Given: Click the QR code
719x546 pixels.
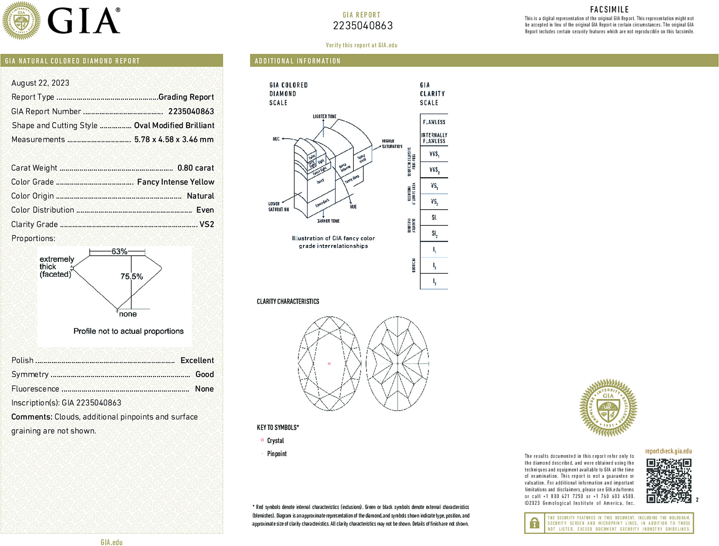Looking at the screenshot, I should point(669,480).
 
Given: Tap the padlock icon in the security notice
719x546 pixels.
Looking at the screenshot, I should point(534,523).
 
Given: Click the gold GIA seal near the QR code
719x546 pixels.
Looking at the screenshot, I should point(608,408).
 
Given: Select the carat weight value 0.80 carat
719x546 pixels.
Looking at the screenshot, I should point(195,168).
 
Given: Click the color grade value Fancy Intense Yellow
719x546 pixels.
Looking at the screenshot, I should point(175,182).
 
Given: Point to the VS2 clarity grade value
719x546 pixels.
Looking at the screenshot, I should point(207,224).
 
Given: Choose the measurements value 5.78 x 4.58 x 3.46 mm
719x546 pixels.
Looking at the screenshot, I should point(174,139).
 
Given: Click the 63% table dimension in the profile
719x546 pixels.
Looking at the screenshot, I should point(119,251).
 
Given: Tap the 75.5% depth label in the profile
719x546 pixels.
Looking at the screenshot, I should point(131,276).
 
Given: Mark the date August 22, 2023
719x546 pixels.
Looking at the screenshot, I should point(40,83).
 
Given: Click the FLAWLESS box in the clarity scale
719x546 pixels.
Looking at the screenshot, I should point(434,122).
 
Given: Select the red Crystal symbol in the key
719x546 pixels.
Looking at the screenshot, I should point(262,440).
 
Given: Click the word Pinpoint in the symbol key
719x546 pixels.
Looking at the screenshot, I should point(277,454).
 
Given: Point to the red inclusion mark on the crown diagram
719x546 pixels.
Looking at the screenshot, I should point(329,363).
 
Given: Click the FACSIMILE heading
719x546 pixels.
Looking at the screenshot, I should point(609,10).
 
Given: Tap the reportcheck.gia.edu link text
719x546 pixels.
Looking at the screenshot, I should point(668,451).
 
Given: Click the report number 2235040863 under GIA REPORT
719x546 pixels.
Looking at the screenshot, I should point(362,26).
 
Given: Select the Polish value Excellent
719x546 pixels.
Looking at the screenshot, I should point(197,360).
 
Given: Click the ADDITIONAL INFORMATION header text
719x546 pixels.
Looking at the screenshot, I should point(298,61).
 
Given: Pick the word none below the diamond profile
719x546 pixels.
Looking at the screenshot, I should point(128,314).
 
